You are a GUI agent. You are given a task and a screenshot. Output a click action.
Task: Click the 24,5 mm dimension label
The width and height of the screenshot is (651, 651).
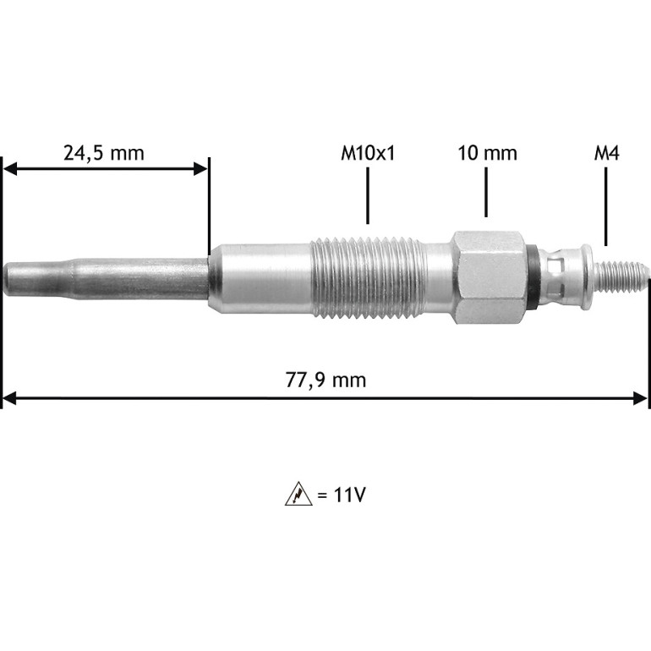click(x=104, y=153)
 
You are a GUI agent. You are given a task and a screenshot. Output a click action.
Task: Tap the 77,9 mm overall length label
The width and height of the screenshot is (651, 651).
click(x=325, y=380)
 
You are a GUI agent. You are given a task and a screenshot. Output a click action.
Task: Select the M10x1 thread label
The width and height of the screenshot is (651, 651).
click(x=368, y=153)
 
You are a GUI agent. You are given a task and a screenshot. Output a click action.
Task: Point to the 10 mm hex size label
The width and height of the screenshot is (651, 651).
click(x=488, y=153)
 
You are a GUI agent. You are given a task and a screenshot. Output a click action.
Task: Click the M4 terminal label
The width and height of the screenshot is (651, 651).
click(x=606, y=153)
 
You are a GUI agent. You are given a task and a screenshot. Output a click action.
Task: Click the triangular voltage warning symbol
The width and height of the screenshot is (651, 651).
click(x=298, y=494)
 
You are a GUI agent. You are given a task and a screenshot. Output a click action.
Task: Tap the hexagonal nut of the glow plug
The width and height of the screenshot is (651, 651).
click(x=489, y=277)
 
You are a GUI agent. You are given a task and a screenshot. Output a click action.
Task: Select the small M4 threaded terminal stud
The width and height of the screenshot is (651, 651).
click(x=621, y=277)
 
